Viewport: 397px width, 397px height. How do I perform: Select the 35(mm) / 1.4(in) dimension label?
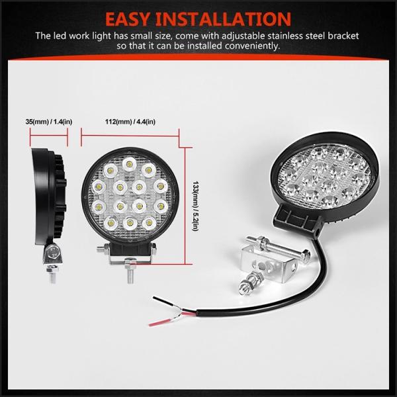click(49, 122)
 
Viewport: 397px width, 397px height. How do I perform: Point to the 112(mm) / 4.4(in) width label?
click(130, 122)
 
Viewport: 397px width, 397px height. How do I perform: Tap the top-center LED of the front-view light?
click(130, 163)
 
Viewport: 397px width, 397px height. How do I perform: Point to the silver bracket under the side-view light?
click(52, 254)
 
